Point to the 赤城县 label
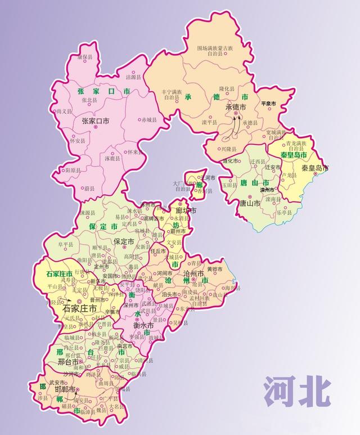click(x=151, y=120)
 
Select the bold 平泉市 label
click(x=268, y=104)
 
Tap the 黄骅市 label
click(x=215, y=269)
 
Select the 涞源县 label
click(x=87, y=213)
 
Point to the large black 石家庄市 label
click(x=79, y=308)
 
